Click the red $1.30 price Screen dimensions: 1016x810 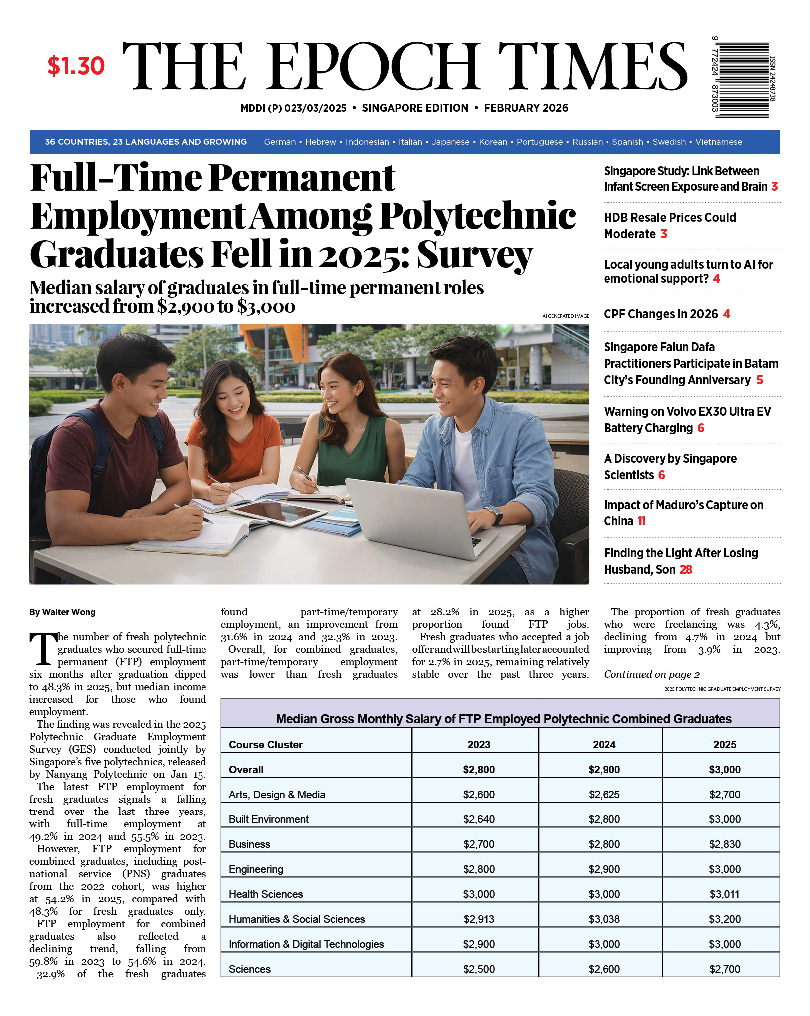tap(76, 66)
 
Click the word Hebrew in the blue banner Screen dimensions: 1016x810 tap(320, 142)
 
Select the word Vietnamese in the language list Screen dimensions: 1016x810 tap(718, 142)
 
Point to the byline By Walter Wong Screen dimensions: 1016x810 tap(62, 612)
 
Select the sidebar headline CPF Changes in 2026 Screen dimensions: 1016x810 tap(660, 314)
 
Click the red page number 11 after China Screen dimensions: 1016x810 tap(641, 521)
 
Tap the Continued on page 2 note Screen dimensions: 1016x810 tap(651, 674)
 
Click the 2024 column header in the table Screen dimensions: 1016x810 tap(604, 744)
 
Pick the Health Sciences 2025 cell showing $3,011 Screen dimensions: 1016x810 tap(724, 894)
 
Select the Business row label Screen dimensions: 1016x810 tap(249, 844)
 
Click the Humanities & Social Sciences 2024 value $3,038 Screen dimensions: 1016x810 tap(604, 919)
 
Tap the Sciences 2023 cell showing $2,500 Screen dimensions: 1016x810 tap(478, 969)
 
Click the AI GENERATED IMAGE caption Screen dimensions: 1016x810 tap(565, 316)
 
